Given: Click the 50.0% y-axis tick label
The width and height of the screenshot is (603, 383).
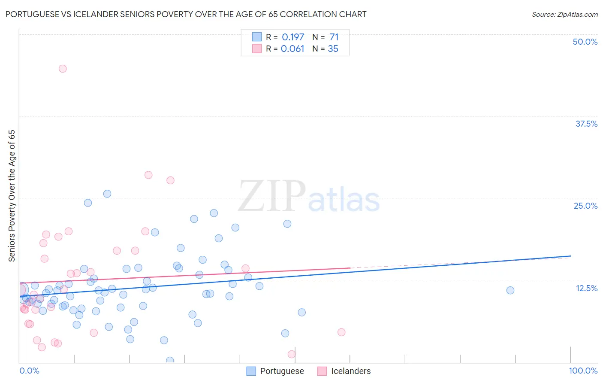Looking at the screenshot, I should point(585,42).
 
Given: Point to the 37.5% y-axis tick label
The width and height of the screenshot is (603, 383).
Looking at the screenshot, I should point(586,124).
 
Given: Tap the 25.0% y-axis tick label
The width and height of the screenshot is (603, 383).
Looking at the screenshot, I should point(585,206).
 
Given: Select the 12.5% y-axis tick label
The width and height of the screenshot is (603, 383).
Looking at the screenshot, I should point(586,288).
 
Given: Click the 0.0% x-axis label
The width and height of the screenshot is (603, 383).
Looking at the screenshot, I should point(29,371).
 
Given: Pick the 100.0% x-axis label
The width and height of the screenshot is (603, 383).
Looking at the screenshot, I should point(583,371).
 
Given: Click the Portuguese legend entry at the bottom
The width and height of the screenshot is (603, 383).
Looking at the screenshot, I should point(275,371).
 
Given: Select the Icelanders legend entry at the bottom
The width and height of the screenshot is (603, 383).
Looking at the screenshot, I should point(344,371).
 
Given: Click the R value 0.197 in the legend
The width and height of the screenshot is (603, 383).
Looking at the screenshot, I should point(292,37).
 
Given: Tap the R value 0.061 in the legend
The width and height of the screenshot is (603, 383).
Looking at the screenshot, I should point(292,49).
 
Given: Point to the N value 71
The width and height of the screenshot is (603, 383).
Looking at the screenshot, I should point(334,37).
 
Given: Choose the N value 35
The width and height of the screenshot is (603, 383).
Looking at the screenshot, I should point(333,49).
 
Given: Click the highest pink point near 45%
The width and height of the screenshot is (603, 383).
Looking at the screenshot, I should point(63,69).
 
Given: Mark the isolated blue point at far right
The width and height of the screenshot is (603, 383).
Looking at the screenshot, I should point(510,290).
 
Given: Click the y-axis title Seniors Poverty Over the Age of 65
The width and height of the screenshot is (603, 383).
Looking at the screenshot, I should point(12,196).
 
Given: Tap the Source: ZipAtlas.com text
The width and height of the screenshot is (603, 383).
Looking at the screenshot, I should point(564,15).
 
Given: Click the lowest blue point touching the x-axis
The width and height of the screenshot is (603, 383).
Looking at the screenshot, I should point(170,361).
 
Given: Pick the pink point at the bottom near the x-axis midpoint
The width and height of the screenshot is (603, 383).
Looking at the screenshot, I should point(292,354).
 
